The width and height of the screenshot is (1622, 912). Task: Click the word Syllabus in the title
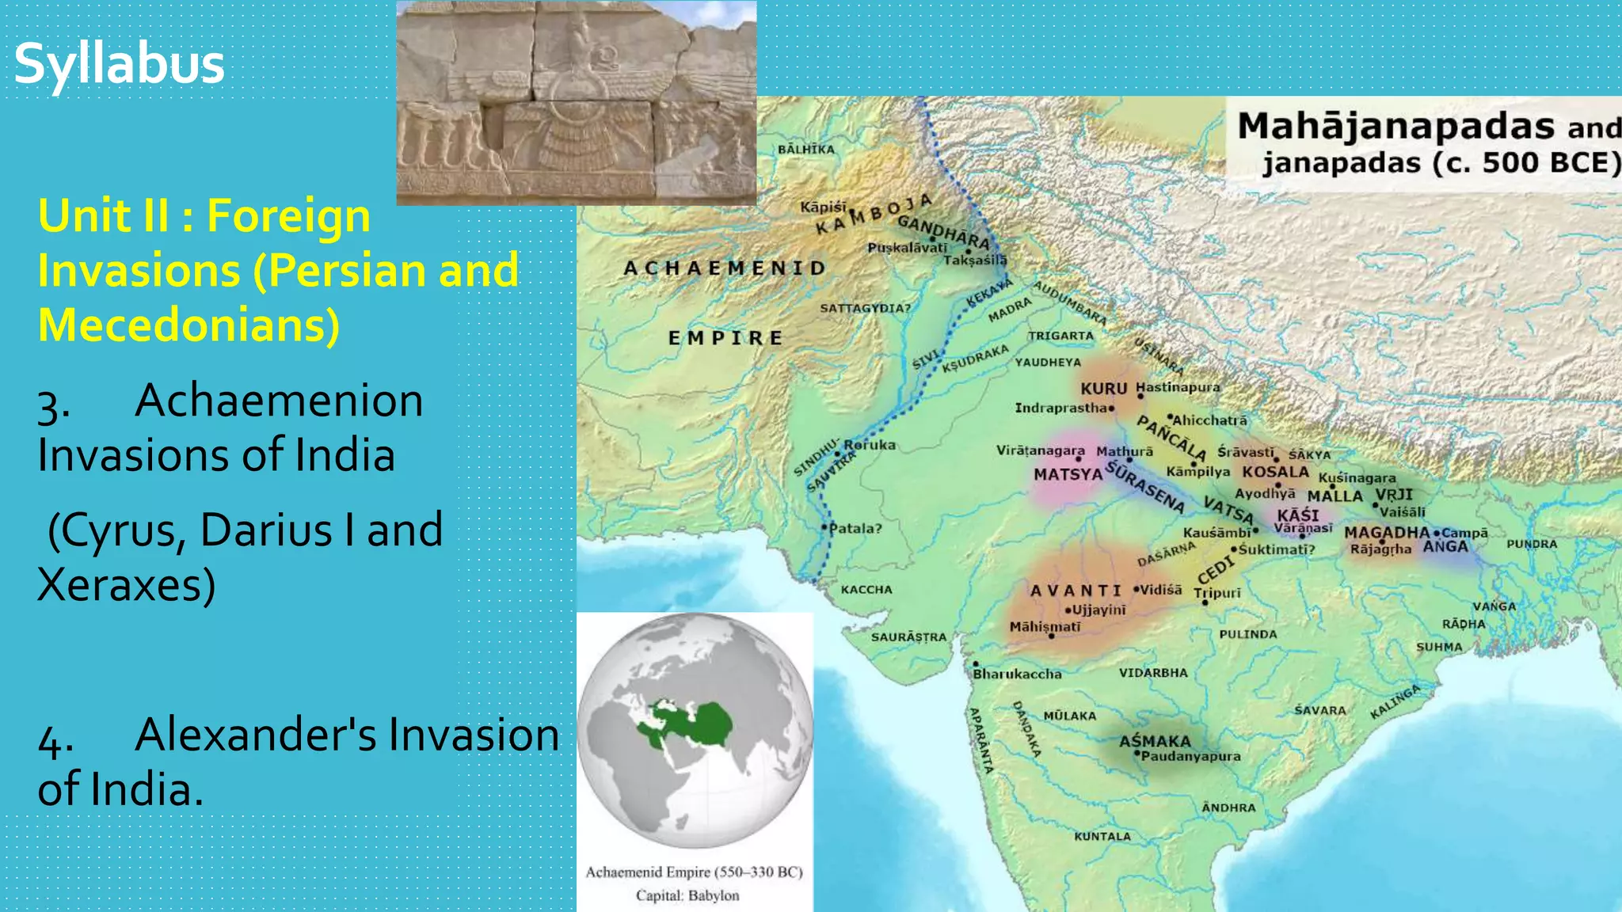tap(120, 63)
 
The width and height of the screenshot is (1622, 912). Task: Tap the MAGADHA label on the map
tap(1387, 533)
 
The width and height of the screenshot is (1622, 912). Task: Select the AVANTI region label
tap(1076, 591)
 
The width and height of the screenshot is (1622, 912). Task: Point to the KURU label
tap(1103, 389)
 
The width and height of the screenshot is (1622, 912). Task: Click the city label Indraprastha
tap(1061, 408)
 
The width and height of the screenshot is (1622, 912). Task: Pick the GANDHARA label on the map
tap(943, 231)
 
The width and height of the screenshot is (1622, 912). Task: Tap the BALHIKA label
tap(805, 149)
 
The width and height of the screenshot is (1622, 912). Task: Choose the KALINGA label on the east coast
tap(1395, 701)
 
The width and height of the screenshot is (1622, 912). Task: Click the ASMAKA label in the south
tap(1155, 741)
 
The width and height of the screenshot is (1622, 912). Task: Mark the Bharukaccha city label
tap(1017, 674)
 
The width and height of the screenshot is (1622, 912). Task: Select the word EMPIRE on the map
tap(725, 338)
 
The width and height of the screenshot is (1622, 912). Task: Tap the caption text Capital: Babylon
tap(687, 895)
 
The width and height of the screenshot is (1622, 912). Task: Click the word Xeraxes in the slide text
tap(126, 585)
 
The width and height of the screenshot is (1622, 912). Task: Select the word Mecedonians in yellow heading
tap(188, 325)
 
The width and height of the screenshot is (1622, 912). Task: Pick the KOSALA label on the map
tap(1275, 472)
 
